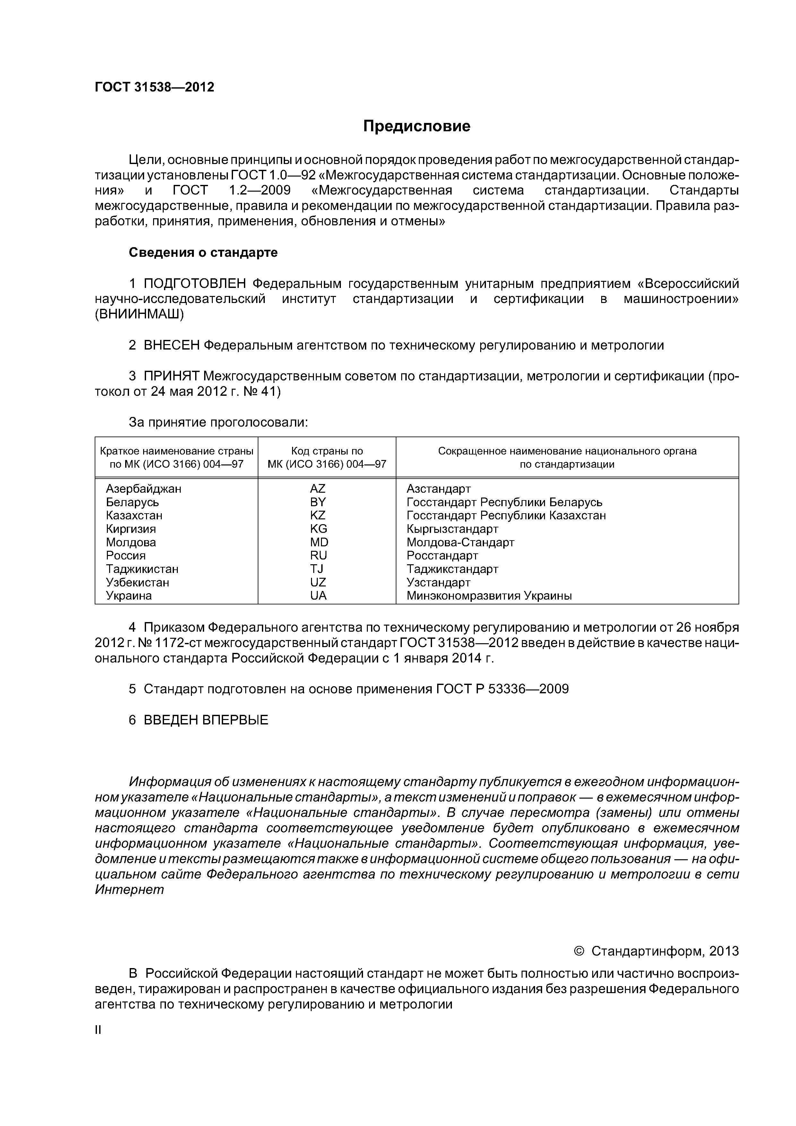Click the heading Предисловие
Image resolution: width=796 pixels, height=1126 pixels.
coord(416,126)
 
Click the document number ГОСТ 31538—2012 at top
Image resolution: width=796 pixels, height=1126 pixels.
coord(154,87)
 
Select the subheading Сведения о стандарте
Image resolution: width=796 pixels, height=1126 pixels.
coord(203,253)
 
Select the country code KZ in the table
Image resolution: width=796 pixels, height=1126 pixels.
coord(318,515)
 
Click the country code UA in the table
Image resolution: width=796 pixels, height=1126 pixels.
coord(318,596)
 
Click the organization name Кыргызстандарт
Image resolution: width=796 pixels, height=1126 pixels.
coord(452,529)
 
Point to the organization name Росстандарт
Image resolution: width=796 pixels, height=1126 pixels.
coord(442,556)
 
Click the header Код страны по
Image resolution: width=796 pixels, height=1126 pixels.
coord(327,451)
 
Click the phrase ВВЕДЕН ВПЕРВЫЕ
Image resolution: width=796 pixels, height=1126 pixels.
coord(206,720)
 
